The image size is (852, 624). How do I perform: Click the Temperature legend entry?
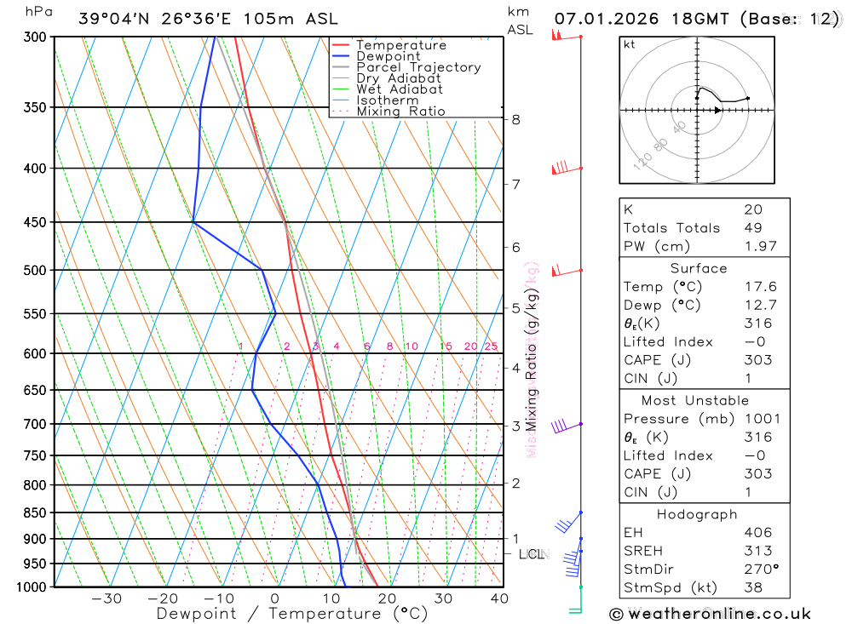coord(400,45)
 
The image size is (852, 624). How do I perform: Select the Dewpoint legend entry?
coord(388,56)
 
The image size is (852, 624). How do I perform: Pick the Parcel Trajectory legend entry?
coord(418,67)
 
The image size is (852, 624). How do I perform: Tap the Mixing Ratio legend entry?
coord(400,112)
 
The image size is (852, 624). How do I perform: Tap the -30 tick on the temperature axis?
coord(107,598)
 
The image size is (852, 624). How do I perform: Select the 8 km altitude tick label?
coord(516,120)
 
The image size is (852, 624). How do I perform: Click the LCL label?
coord(532,555)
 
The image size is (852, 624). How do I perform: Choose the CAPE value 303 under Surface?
coord(757,360)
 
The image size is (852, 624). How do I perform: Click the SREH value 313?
coord(757,551)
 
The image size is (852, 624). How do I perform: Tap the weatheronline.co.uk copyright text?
coord(711,614)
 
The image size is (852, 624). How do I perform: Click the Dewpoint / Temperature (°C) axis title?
coord(291,614)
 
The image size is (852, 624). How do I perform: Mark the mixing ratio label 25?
coord(491,346)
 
